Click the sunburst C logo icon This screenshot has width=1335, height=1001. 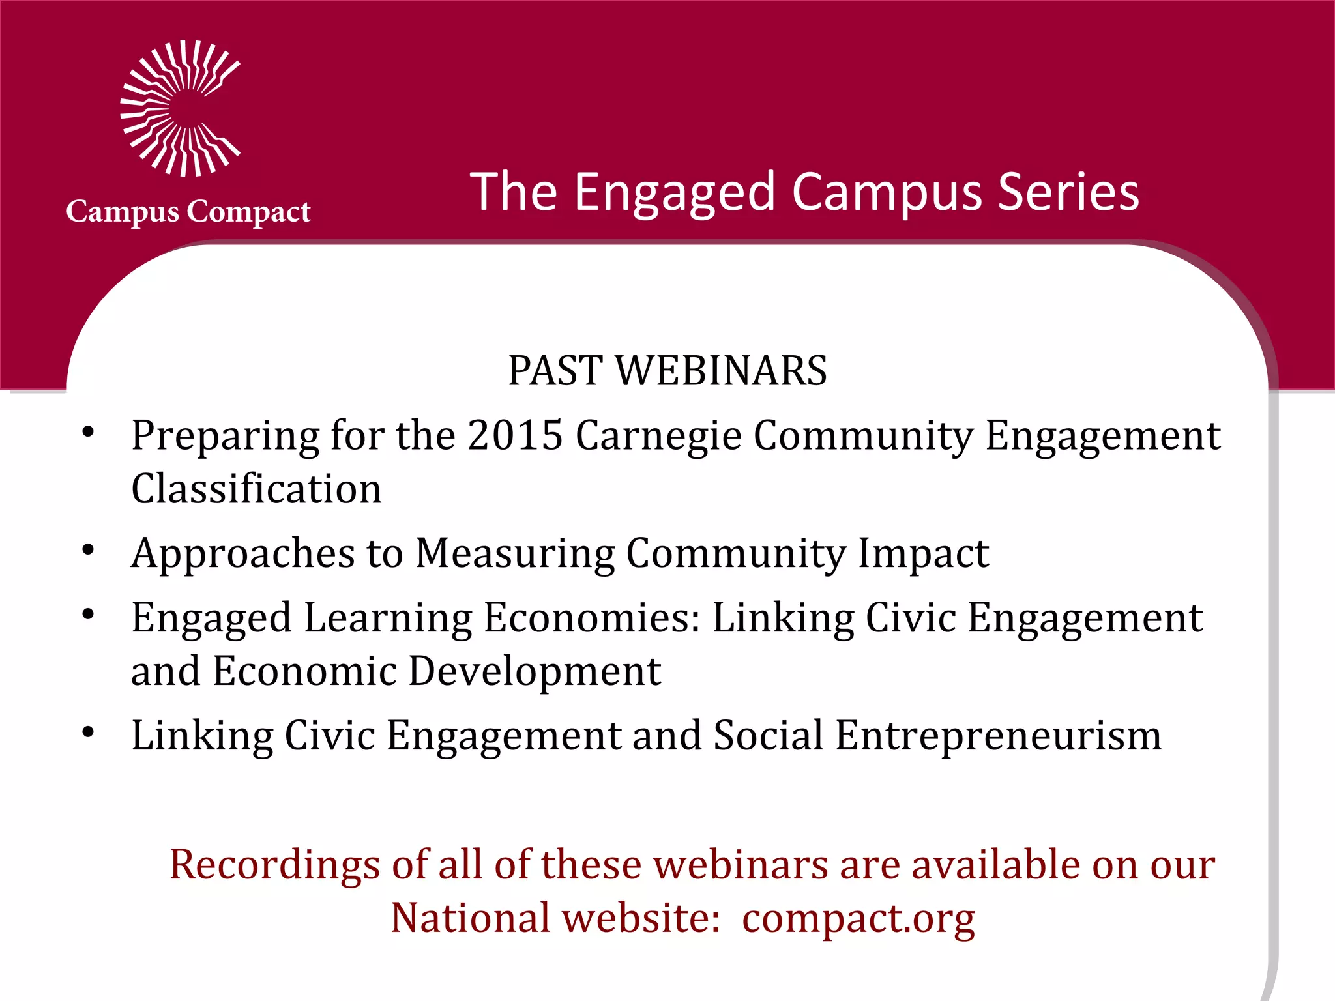pos(180,109)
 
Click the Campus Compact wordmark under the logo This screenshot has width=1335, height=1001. pos(188,212)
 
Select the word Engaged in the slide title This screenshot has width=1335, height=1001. pos(675,193)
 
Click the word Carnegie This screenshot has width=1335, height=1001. pos(658,436)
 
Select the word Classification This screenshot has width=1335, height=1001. pos(256,489)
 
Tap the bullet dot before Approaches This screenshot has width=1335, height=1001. pos(89,551)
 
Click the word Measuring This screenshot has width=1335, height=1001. pos(515,554)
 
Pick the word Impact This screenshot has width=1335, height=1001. pos(923,554)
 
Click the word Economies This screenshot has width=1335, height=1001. pos(591,618)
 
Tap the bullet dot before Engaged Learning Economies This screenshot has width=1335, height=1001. pos(89,615)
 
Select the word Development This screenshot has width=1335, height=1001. pos(535,671)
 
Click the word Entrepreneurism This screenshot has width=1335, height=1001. pos(998,736)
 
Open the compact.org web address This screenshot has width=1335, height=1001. pos(858,918)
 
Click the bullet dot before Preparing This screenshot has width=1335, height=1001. pos(89,433)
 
